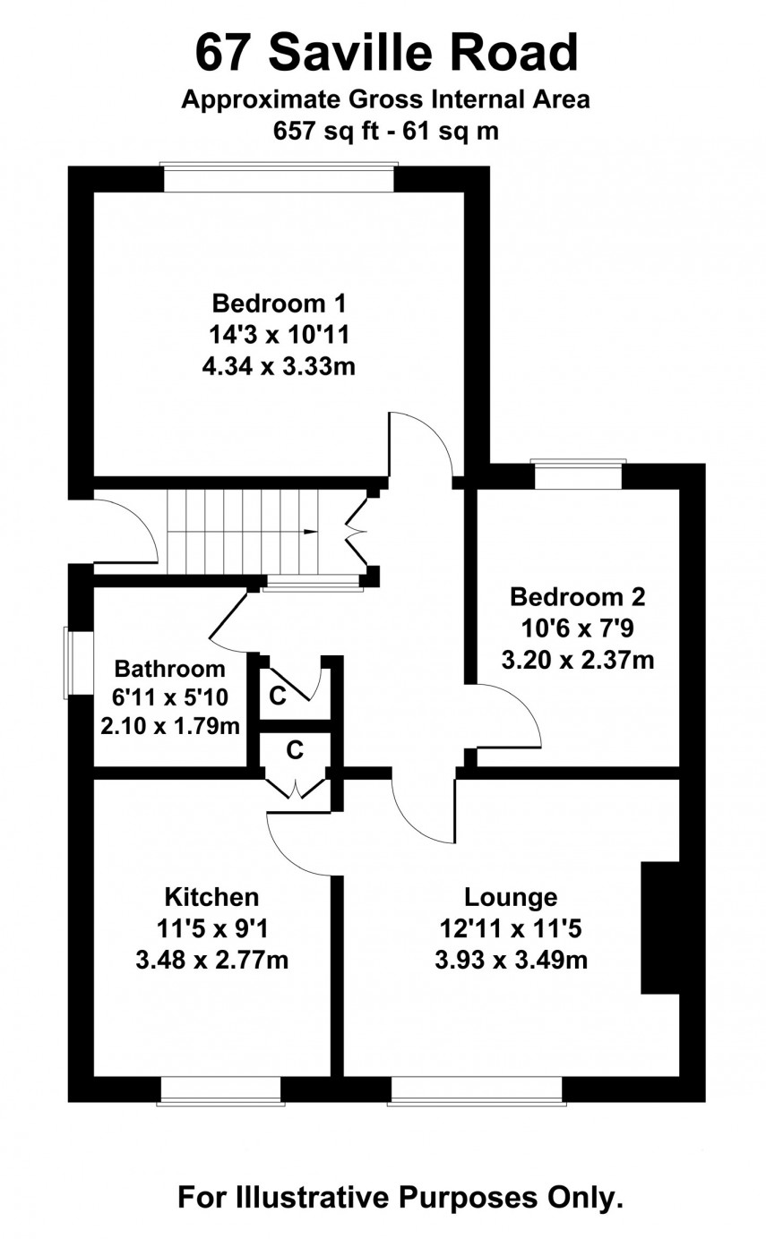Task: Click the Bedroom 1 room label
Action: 279,302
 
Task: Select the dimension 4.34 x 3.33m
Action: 279,366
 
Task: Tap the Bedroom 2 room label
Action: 577,596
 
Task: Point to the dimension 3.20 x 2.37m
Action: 577,662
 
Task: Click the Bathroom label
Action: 170,668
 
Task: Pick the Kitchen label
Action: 211,896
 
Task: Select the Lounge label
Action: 511,896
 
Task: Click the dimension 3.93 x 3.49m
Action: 511,961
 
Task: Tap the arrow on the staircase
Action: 310,532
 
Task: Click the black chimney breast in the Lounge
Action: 660,927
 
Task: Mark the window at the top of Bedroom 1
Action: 279,177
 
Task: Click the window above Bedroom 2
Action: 578,474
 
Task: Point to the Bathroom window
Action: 79,663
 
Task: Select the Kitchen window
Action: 220,1090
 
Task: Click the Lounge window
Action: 477,1090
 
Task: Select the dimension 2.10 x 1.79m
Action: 170,725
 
